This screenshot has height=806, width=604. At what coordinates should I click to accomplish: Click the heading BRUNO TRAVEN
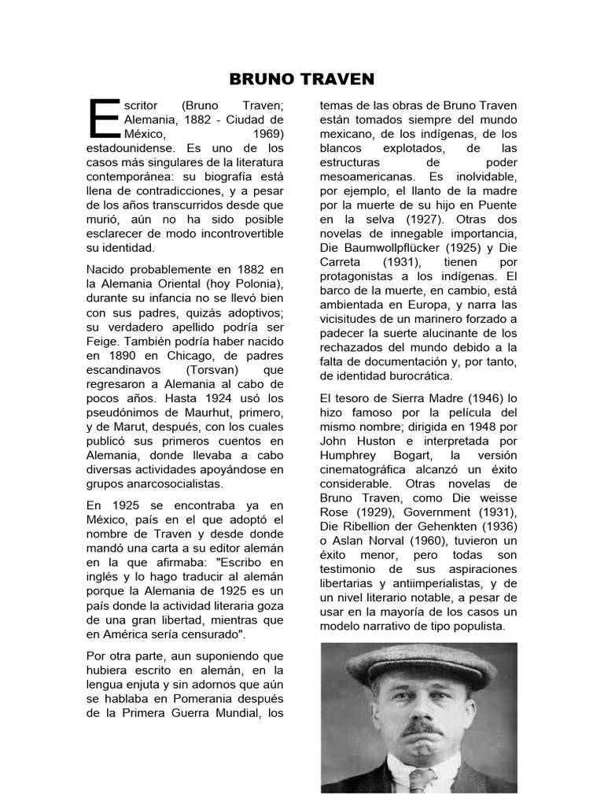point(302,79)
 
